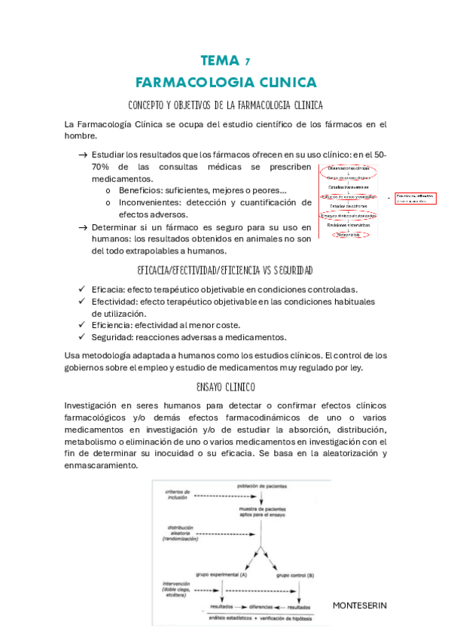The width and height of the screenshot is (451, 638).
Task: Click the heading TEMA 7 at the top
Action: [x=225, y=61]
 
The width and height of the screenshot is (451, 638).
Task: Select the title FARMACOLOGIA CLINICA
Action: [x=225, y=81]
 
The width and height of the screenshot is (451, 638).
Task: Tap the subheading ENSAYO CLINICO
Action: [x=225, y=387]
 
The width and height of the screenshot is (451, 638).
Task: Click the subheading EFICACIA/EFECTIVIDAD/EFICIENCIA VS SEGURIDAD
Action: [x=225, y=269]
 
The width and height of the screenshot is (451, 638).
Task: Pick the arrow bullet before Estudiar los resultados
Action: [x=82, y=154]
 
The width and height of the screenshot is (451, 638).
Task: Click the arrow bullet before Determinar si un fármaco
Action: [x=82, y=226]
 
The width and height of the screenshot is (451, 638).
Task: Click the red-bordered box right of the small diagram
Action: [x=416, y=199]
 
